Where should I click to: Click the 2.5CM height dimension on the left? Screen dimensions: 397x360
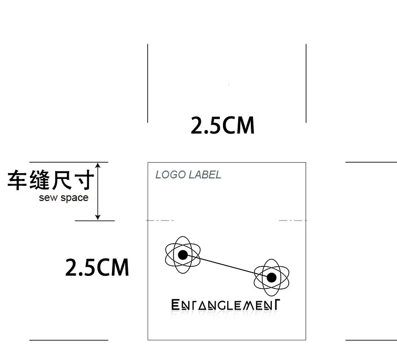point(97,267)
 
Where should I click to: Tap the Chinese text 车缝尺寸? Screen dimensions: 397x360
point(51,179)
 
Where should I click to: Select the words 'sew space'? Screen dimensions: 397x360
point(64,198)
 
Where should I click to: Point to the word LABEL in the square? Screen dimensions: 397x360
point(206,175)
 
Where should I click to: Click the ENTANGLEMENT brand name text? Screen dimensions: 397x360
point(225,305)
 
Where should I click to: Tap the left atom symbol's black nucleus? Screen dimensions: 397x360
point(183,255)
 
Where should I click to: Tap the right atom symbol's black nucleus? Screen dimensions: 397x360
point(272,277)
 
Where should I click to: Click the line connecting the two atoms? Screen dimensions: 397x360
point(227,266)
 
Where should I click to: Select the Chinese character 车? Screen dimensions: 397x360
point(17,179)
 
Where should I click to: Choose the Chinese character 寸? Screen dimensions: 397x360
point(85,179)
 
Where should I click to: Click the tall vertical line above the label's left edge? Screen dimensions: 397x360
point(148,83)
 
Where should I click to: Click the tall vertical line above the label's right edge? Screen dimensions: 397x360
point(306,83)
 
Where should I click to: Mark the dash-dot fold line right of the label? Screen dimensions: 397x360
point(292,221)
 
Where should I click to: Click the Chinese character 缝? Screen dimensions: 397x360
point(39,179)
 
